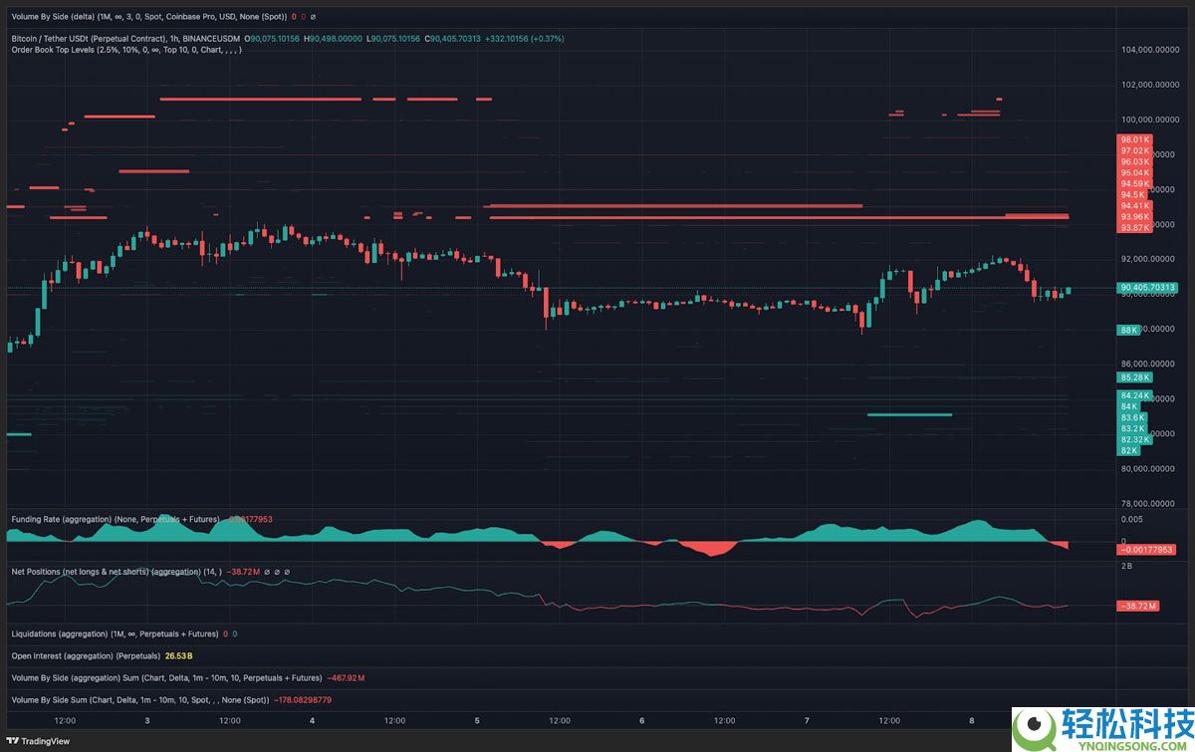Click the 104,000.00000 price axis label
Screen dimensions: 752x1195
click(1151, 49)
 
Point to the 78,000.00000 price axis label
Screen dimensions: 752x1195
click(1151, 503)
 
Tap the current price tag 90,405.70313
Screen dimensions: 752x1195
click(1148, 288)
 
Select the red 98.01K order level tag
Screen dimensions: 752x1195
click(1134, 139)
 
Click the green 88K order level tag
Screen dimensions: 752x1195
click(1129, 329)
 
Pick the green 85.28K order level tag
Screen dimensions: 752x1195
click(1134, 377)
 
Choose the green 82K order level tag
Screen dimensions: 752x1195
click(1129, 450)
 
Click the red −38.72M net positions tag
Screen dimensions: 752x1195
click(1135, 606)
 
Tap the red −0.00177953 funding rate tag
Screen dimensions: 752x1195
click(1147, 550)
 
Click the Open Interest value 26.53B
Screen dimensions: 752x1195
click(178, 656)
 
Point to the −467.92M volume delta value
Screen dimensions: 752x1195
click(346, 678)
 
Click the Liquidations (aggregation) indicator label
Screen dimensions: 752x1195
click(114, 633)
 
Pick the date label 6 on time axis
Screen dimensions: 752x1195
click(642, 720)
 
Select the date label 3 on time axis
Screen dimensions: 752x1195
click(147, 720)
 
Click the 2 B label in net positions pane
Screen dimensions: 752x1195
click(1126, 565)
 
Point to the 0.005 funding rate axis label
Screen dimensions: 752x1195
click(1131, 519)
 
